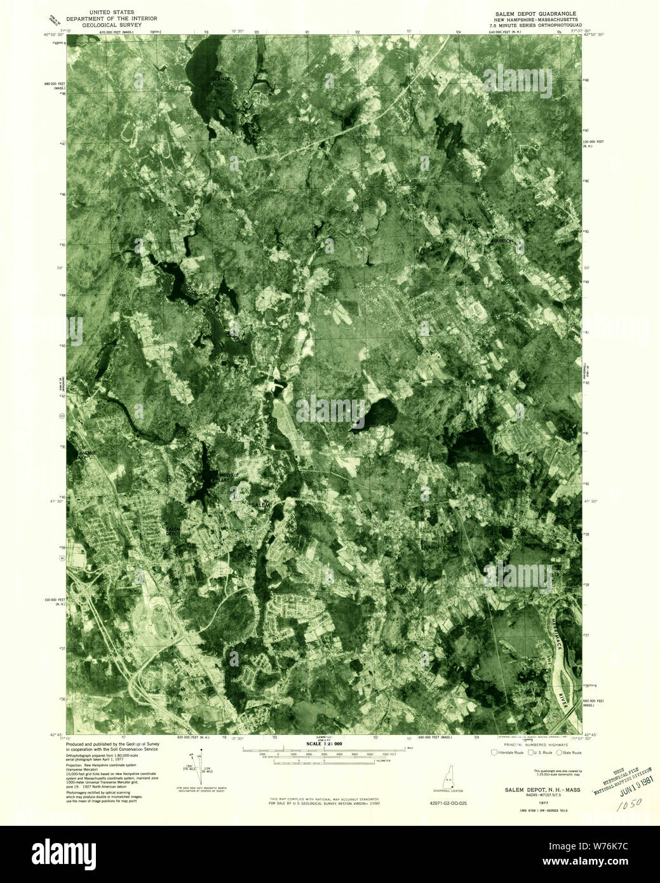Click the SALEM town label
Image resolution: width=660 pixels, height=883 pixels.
tap(261, 504)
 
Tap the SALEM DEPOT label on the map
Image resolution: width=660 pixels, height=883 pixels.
tap(173, 531)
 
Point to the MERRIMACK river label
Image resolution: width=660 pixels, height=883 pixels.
tap(557, 628)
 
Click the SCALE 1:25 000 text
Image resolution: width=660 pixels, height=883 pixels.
tap(324, 743)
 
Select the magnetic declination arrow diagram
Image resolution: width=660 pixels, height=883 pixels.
tap(202, 767)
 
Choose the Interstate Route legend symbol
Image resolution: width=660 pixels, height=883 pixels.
tap(494, 753)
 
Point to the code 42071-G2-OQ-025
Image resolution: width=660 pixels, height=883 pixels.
tap(448, 803)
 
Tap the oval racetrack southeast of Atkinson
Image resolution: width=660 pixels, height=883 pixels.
tap(475, 309)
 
